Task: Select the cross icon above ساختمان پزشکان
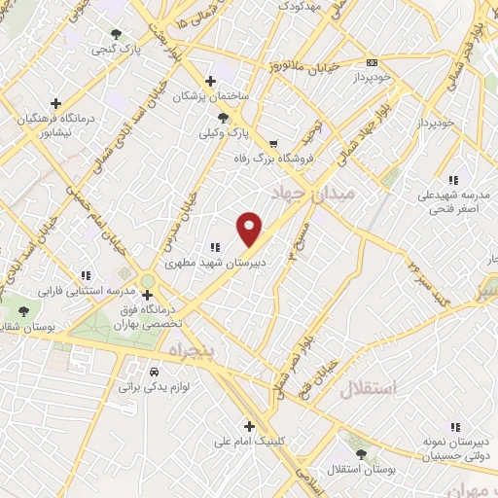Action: (x=210, y=81)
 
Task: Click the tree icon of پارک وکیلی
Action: (x=224, y=116)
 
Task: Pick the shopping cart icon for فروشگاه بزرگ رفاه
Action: (x=272, y=143)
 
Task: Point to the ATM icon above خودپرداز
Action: (x=373, y=59)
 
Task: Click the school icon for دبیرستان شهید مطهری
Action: (x=216, y=246)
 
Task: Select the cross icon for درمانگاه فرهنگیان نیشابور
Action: (x=55, y=102)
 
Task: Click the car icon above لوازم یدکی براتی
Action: (x=154, y=372)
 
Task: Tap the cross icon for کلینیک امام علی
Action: (x=250, y=425)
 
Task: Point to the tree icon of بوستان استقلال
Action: (x=361, y=454)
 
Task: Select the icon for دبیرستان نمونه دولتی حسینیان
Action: (x=454, y=426)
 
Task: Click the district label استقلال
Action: (x=370, y=389)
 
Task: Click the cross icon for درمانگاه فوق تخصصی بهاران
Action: (x=147, y=295)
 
